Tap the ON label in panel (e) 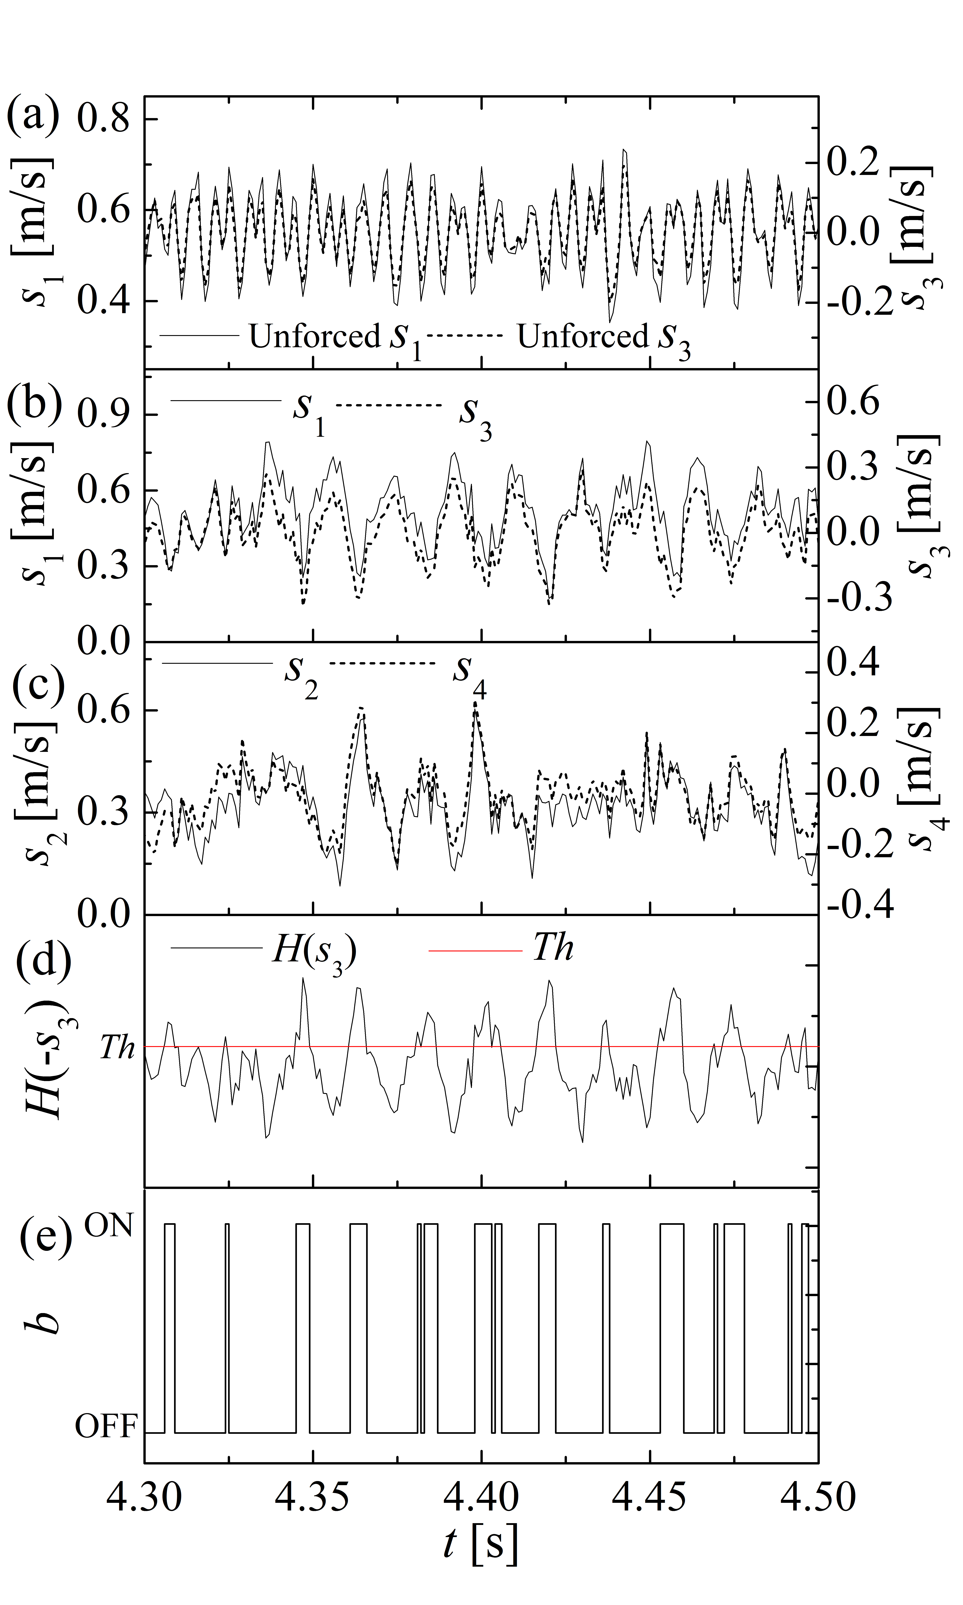point(109,1226)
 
